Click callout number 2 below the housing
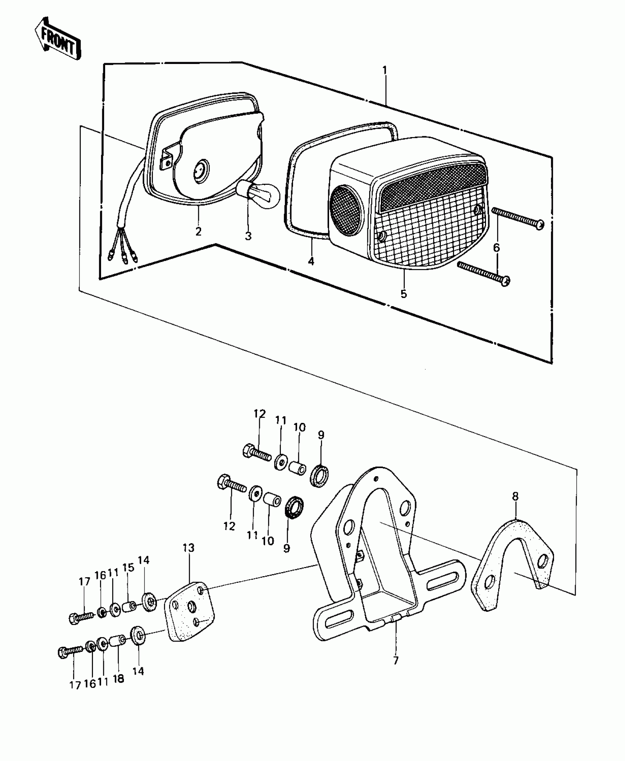[199, 232]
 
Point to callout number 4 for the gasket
[311, 261]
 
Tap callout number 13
[189, 558]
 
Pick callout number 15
[128, 578]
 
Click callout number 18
[118, 679]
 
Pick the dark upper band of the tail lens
[434, 187]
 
